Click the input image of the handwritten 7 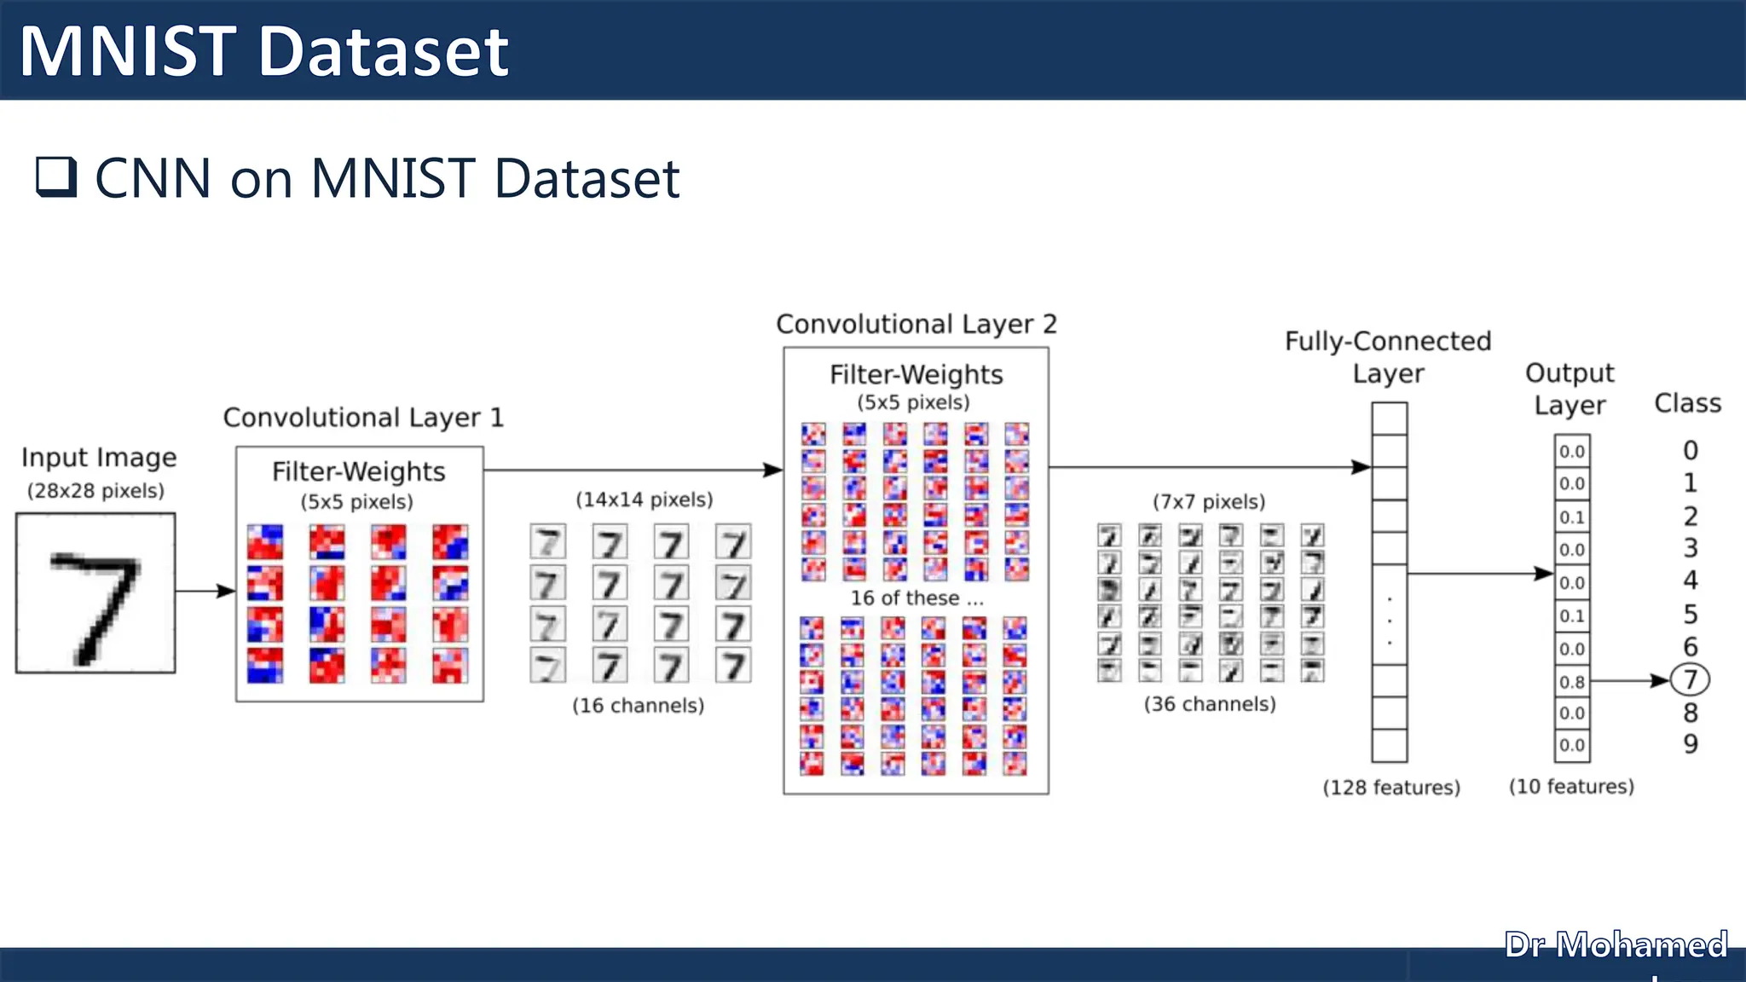coord(95,592)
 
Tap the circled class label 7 coord(1690,679)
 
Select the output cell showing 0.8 coord(1571,681)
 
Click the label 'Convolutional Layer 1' coord(363,418)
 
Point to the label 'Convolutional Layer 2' coord(916,324)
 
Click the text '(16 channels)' coord(638,706)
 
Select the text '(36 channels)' coord(1210,704)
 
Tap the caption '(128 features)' coord(1390,788)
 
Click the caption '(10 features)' coord(1571,787)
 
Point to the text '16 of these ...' coord(916,598)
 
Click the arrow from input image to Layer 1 coord(205,591)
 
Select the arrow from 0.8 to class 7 coord(1628,680)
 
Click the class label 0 coord(1690,450)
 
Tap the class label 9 coord(1690,744)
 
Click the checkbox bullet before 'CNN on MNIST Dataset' coord(56,176)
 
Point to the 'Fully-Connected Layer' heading coord(1388,357)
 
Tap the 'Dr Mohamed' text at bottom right coord(1615,944)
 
